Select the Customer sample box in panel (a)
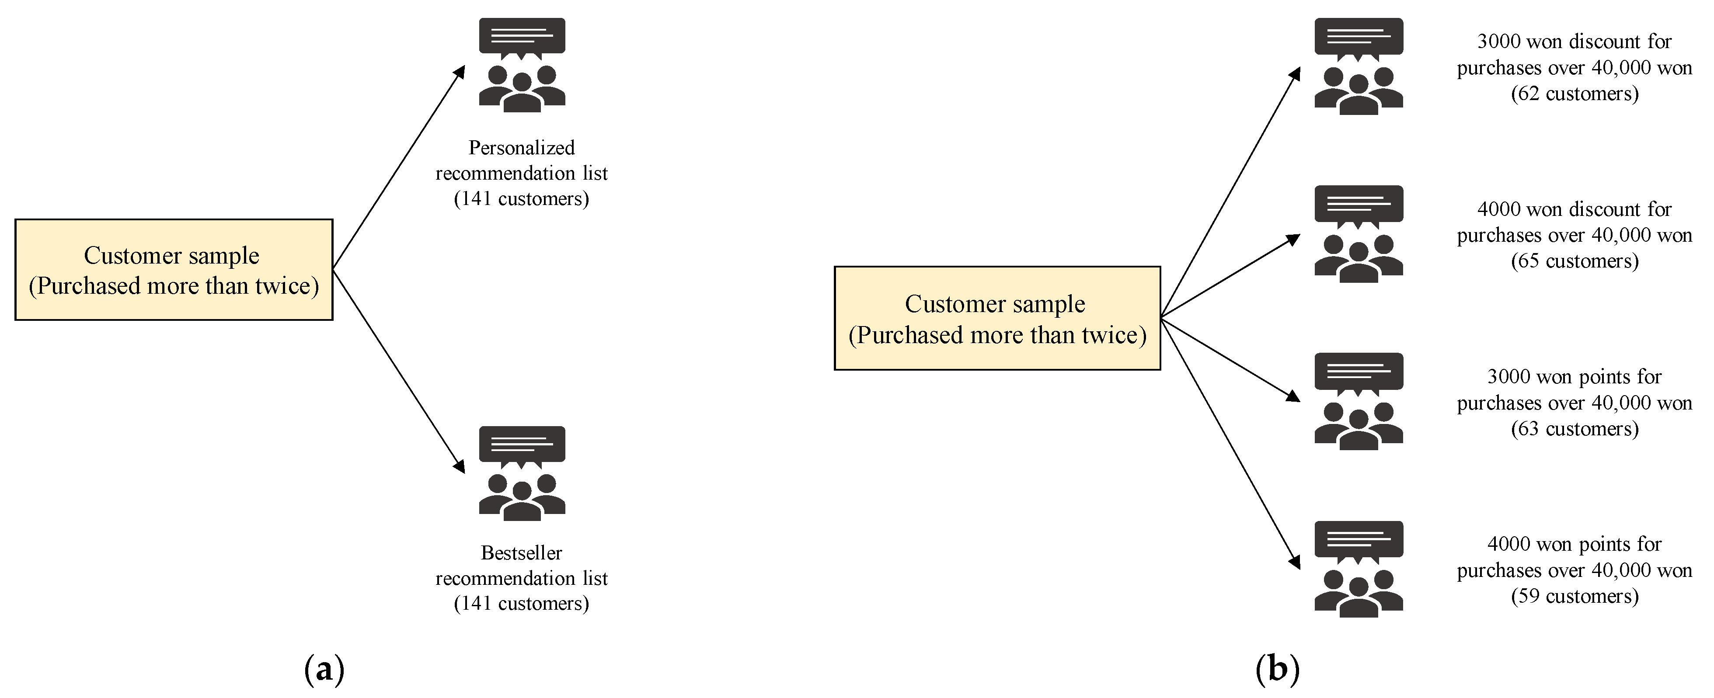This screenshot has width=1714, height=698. pyautogui.click(x=174, y=270)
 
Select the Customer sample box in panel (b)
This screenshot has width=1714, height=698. pyautogui.click(x=997, y=318)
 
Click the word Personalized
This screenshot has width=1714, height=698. pyautogui.click(x=522, y=148)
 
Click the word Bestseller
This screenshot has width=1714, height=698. pyautogui.click(x=522, y=553)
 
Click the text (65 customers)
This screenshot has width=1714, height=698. pyautogui.click(x=1574, y=261)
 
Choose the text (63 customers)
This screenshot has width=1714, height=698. pyautogui.click(x=1574, y=428)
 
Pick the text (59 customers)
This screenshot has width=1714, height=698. pyautogui.click(x=1574, y=596)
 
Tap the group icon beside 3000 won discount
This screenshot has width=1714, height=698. pyautogui.click(x=1359, y=66)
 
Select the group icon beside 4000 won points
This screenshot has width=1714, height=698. pyautogui.click(x=1359, y=569)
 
